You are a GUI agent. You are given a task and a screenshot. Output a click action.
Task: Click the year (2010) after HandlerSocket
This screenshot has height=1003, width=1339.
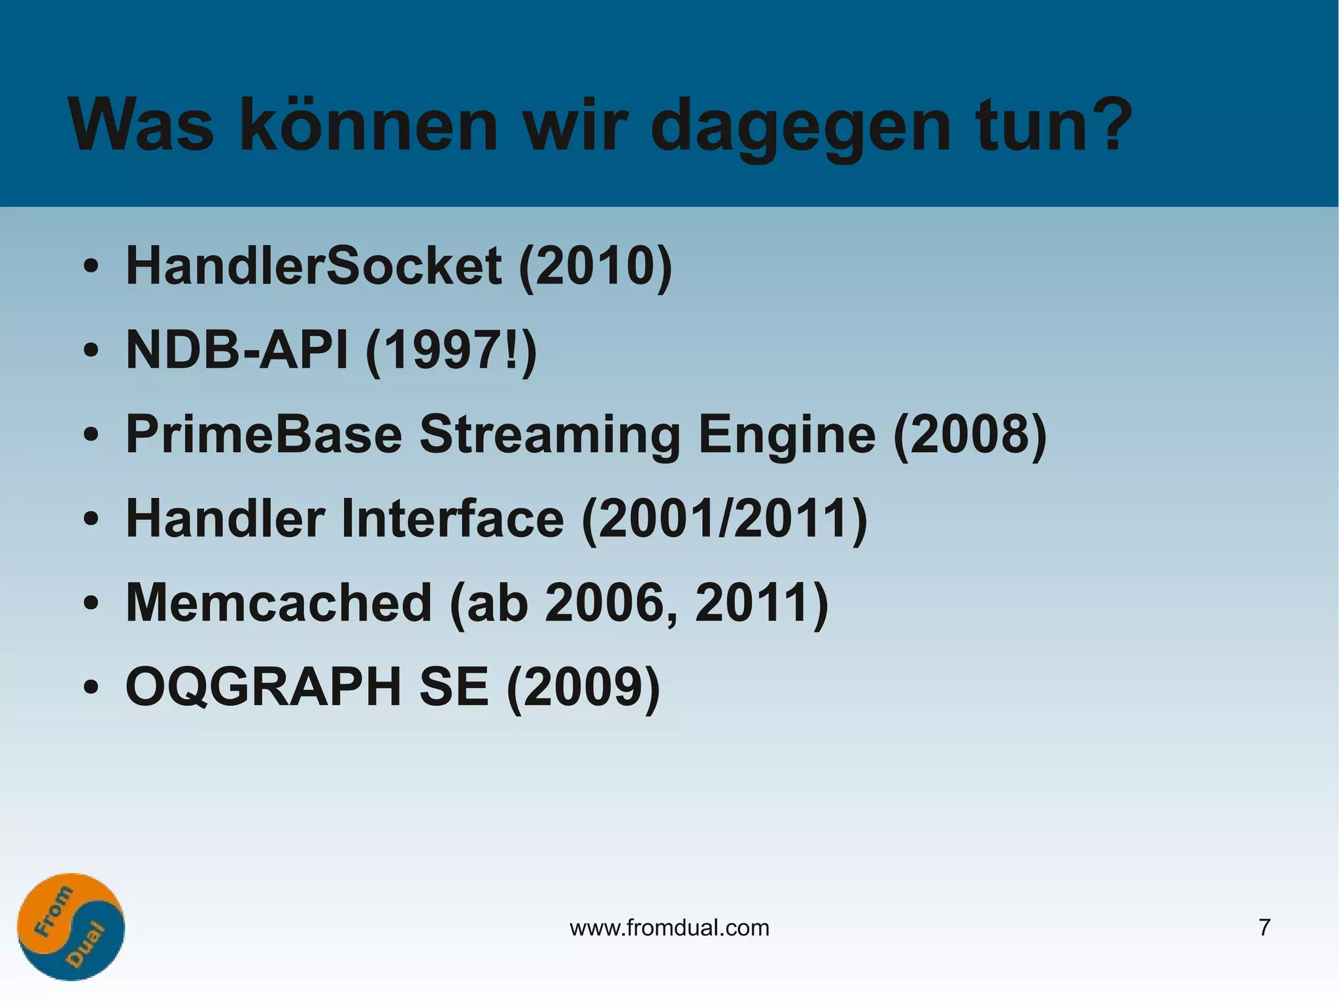tap(595, 267)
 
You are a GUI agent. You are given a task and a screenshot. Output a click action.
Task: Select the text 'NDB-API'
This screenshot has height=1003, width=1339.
tap(237, 350)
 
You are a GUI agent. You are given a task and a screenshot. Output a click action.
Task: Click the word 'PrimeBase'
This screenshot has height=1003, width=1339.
tap(263, 435)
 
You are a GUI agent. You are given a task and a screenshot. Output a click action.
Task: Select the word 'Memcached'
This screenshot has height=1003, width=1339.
tap(279, 602)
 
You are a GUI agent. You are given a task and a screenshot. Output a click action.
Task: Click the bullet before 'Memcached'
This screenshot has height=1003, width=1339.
tap(91, 603)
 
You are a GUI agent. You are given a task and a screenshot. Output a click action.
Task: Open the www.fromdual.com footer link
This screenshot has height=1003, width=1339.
tap(669, 927)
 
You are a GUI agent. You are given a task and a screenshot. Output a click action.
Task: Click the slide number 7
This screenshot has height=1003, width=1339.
tap(1264, 927)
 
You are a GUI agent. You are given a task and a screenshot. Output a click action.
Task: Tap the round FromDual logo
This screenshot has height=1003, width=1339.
tap(71, 927)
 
